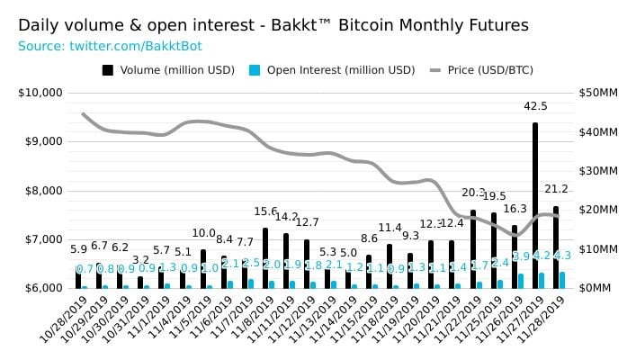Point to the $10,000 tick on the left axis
coord(40,92)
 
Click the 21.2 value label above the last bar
coord(556,189)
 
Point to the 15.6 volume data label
coord(265,211)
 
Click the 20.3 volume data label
coord(473,193)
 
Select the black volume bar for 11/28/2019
coord(556,247)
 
